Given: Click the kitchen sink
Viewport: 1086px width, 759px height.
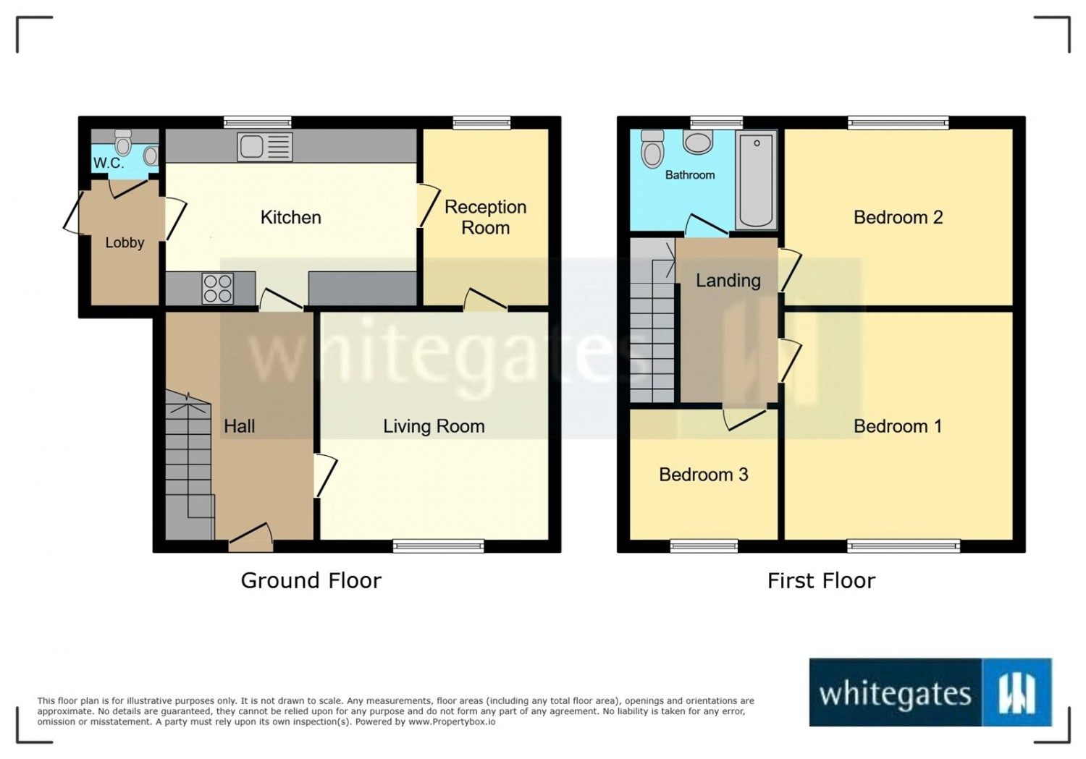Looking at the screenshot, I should pyautogui.click(x=264, y=147).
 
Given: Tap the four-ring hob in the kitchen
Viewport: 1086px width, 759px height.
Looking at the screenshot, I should pyautogui.click(x=218, y=288).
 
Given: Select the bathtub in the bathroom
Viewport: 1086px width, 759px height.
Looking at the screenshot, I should pyautogui.click(x=757, y=179).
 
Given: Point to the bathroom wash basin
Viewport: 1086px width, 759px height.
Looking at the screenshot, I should pyautogui.click(x=699, y=142).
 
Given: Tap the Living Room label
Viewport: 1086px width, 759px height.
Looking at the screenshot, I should pyautogui.click(x=434, y=426).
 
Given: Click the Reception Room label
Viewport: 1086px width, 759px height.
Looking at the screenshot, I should pyautogui.click(x=485, y=217).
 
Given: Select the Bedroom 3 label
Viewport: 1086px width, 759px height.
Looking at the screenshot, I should pyautogui.click(x=703, y=475).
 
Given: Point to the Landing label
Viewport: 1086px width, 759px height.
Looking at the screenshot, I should pyautogui.click(x=728, y=281).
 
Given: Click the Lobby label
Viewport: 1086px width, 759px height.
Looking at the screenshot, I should pyautogui.click(x=125, y=242).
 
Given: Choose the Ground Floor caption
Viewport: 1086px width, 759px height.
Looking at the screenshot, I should pyautogui.click(x=311, y=580).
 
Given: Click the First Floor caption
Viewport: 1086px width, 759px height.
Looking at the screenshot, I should pyautogui.click(x=821, y=580).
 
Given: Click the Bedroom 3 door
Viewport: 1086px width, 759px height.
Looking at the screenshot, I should pyautogui.click(x=744, y=418).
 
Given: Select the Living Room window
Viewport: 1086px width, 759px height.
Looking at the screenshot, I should pyautogui.click(x=438, y=546).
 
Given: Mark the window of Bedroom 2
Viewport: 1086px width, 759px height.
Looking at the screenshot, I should pyautogui.click(x=898, y=123).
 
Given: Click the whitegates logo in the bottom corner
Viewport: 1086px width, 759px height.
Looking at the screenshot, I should pyautogui.click(x=930, y=692).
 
